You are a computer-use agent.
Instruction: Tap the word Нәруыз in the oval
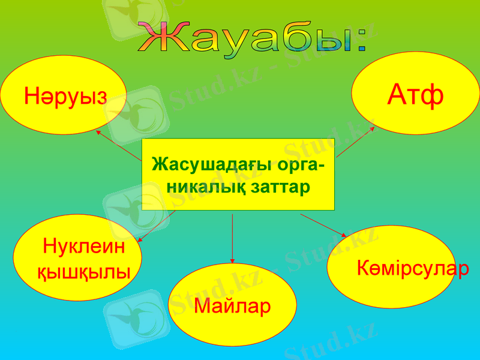click(x=66, y=95)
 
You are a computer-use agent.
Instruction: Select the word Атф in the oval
click(x=415, y=94)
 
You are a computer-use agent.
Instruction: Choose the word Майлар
click(x=232, y=306)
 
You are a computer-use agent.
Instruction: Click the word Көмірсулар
click(x=413, y=268)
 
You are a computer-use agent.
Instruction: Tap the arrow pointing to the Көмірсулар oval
click(x=324, y=225)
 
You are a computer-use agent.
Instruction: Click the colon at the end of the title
click(x=359, y=42)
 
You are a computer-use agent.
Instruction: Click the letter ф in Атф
click(x=432, y=95)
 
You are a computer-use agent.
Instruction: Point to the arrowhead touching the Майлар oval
click(x=232, y=261)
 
